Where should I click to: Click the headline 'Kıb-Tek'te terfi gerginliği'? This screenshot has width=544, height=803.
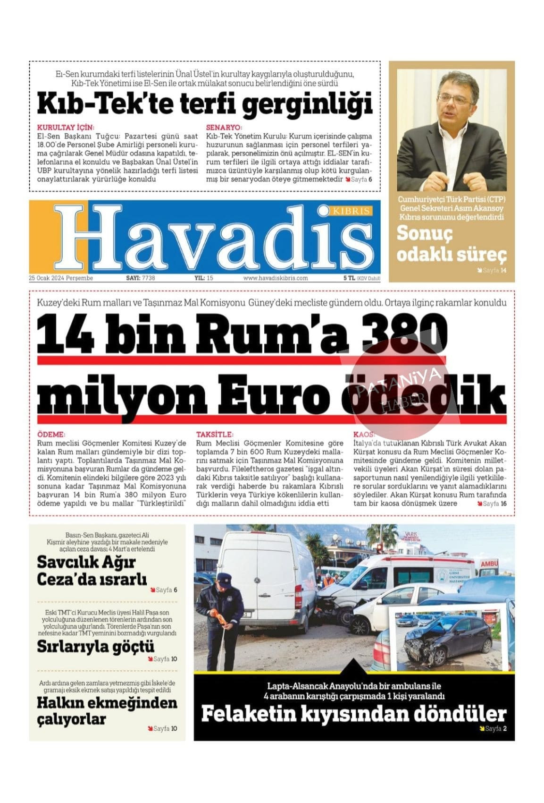[204, 103]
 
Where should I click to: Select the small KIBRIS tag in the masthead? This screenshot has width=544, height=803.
[351, 211]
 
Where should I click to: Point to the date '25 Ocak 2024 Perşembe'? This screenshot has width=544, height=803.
[61, 278]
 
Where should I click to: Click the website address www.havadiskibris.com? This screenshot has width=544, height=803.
[276, 278]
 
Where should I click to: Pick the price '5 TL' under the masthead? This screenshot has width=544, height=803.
[349, 278]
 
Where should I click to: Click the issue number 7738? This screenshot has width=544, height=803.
[148, 278]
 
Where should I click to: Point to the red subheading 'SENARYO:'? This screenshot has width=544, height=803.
[224, 128]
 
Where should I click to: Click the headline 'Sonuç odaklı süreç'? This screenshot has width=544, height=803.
[451, 244]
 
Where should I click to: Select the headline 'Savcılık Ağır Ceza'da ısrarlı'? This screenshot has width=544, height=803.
[92, 571]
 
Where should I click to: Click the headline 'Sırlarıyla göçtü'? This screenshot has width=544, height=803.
[96, 646]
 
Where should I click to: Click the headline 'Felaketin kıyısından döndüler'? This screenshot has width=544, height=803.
[353, 714]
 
